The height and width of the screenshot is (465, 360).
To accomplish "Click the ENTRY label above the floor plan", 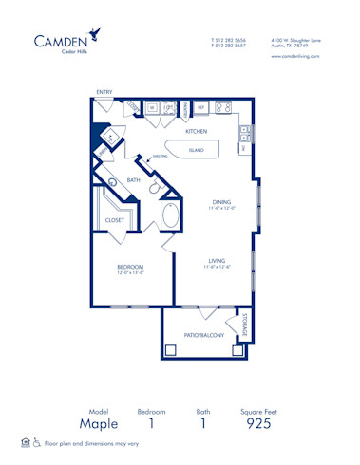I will point(104,92).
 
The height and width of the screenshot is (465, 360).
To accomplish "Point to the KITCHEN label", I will point(196,131).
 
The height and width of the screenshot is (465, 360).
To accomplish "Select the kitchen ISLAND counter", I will point(196,150).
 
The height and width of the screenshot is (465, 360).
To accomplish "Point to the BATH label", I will point(134,179).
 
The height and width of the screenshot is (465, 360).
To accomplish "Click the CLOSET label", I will point(114,220).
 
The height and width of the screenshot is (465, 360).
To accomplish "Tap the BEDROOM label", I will point(130,268).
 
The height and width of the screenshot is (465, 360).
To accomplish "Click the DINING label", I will point(221,201).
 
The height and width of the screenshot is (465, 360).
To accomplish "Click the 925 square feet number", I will point(257,424).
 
